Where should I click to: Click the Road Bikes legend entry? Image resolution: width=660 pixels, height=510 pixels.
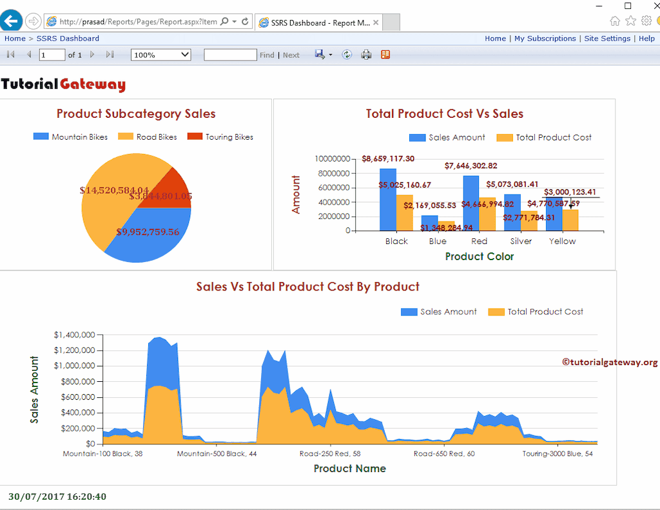tap(148, 137)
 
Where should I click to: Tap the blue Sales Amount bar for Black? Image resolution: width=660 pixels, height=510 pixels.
tap(387, 200)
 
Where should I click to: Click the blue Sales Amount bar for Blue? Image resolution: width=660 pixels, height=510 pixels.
tap(429, 223)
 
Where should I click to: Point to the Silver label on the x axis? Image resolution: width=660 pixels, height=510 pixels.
tap(521, 241)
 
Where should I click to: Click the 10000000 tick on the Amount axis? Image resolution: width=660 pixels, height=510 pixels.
tap(333, 159)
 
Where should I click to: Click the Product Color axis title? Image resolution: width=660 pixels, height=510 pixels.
tap(480, 256)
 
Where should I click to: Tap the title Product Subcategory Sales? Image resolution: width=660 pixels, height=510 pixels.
tap(136, 114)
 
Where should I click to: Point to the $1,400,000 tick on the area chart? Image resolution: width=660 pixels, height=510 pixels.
tap(75, 335)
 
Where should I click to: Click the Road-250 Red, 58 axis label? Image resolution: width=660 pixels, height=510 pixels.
tap(330, 454)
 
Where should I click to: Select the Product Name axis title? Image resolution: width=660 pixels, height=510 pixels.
tap(349, 469)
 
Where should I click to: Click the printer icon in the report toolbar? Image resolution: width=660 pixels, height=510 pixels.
tap(366, 55)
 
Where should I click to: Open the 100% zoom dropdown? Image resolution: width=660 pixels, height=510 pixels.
tap(160, 55)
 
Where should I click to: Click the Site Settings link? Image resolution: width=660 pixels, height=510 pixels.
tap(607, 39)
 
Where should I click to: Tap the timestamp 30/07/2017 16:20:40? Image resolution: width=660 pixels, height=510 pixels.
tap(57, 496)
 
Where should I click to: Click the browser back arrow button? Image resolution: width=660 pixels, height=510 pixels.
tap(11, 21)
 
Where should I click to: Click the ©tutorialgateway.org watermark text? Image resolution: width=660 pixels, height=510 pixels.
tap(610, 363)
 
